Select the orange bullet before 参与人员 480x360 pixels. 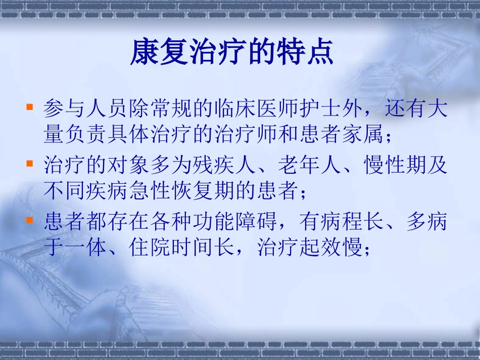point(30,108)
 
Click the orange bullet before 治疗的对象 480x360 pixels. point(30,164)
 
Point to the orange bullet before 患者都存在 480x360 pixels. point(30,221)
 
